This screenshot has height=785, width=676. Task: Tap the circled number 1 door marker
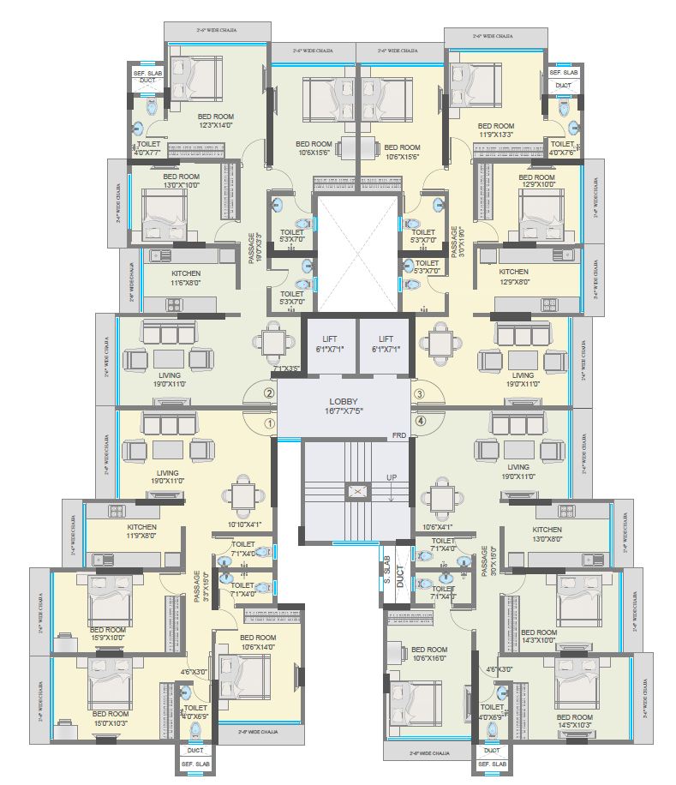pyautogui.click(x=269, y=423)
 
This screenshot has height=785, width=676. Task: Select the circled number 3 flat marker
pyautogui.click(x=420, y=393)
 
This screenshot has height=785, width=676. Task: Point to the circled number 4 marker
pyautogui.click(x=420, y=422)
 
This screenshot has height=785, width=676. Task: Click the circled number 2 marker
pyautogui.click(x=269, y=393)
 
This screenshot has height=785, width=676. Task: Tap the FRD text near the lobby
pyautogui.click(x=399, y=435)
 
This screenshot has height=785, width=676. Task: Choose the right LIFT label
pyautogui.click(x=386, y=344)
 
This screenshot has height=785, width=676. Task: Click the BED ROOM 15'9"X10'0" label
pyautogui.click(x=107, y=633)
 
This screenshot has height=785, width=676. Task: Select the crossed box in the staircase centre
pyautogui.click(x=356, y=493)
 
